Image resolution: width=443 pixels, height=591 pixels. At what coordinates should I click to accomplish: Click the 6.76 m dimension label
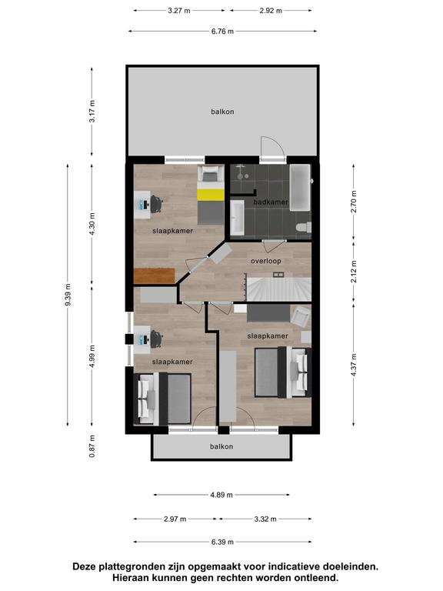click(x=222, y=32)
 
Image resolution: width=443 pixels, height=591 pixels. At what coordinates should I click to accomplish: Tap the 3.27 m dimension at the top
click(x=179, y=11)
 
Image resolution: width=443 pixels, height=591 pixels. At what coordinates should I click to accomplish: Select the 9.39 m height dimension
click(x=68, y=295)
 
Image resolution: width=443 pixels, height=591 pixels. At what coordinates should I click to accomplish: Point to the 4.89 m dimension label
click(x=221, y=495)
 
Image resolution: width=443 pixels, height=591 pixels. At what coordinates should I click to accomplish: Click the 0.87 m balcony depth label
click(x=92, y=446)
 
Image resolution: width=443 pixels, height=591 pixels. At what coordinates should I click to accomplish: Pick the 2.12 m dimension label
click(x=353, y=272)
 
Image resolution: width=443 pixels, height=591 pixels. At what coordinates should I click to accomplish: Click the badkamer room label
click(x=271, y=202)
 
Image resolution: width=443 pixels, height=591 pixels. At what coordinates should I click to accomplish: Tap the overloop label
click(x=266, y=261)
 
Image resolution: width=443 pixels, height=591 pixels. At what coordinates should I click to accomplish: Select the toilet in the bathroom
click(x=304, y=227)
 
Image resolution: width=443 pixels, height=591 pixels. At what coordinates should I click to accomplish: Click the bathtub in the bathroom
click(x=300, y=187)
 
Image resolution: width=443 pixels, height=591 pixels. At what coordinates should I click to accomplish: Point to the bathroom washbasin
click(x=237, y=218)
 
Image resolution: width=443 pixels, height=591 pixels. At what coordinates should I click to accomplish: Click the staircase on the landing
click(x=278, y=289)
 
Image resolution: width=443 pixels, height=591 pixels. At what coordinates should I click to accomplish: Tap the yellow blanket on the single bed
click(x=211, y=195)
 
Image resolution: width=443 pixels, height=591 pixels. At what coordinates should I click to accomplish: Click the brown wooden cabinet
click(x=155, y=276)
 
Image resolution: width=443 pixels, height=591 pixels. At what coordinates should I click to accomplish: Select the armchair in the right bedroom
click(x=301, y=316)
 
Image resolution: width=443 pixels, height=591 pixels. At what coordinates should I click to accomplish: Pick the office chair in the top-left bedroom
click(x=156, y=204)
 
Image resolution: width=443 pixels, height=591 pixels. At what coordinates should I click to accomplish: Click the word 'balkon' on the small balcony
click(x=221, y=446)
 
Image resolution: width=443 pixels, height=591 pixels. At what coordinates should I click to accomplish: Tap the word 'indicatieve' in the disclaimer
click(x=288, y=566)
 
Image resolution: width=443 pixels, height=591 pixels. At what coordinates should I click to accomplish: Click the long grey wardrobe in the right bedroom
click(x=228, y=386)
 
